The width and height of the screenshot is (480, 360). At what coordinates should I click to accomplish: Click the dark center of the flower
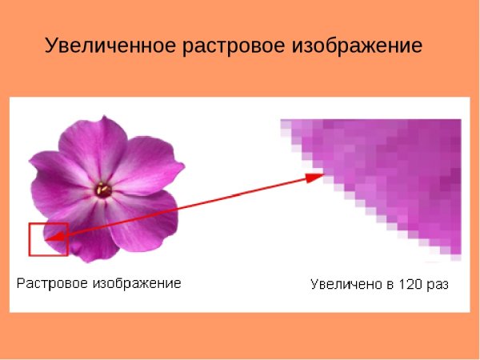[x=103, y=189]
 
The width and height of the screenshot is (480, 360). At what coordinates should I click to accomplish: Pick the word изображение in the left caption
[x=136, y=283]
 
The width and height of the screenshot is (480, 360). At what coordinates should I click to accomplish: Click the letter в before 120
[x=393, y=285]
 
